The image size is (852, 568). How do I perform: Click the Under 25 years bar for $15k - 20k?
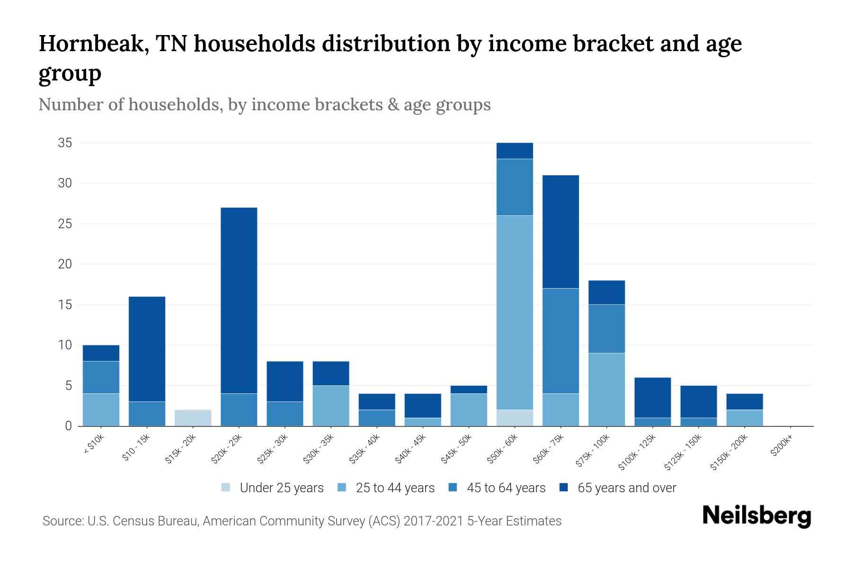pos(193,417)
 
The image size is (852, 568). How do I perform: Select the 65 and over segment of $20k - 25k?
pos(239,301)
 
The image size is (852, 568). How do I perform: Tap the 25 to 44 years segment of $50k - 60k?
pos(515,312)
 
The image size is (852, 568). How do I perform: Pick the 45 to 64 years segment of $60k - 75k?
pos(560,341)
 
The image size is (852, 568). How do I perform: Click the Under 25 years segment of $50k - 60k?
pos(515,417)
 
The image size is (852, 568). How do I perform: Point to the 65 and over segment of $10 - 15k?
pos(147,349)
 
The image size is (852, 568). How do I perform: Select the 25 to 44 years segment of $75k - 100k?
pos(606,389)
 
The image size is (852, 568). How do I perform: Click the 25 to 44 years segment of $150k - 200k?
pos(745,417)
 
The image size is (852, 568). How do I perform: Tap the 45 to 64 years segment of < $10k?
pos(101,377)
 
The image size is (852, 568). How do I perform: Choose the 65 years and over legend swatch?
pos(564,487)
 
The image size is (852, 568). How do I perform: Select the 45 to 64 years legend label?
pos(506,488)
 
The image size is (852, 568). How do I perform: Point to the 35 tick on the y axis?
pos(65,142)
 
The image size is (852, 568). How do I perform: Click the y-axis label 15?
pos(65,304)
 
